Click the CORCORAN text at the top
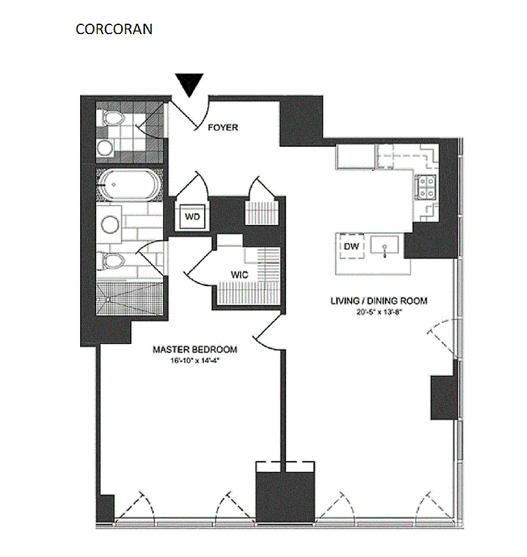click(x=114, y=30)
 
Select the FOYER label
click(x=223, y=127)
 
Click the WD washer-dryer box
click(x=193, y=217)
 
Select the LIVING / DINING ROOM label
click(x=378, y=301)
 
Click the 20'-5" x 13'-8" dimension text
click(x=378, y=311)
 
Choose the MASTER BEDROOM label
click(x=195, y=350)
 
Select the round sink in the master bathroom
click(x=111, y=223)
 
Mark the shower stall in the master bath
click(x=130, y=298)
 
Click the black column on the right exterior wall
click(x=442, y=397)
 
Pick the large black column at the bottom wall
click(x=284, y=496)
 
